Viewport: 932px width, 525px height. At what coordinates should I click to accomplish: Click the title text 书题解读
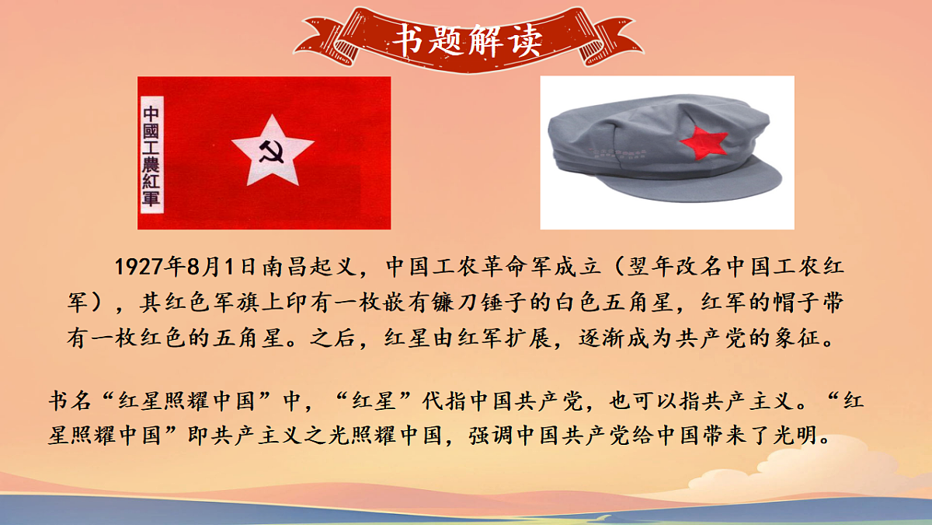pos(466,40)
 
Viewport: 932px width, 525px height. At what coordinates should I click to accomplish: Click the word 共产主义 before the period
pos(754,402)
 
